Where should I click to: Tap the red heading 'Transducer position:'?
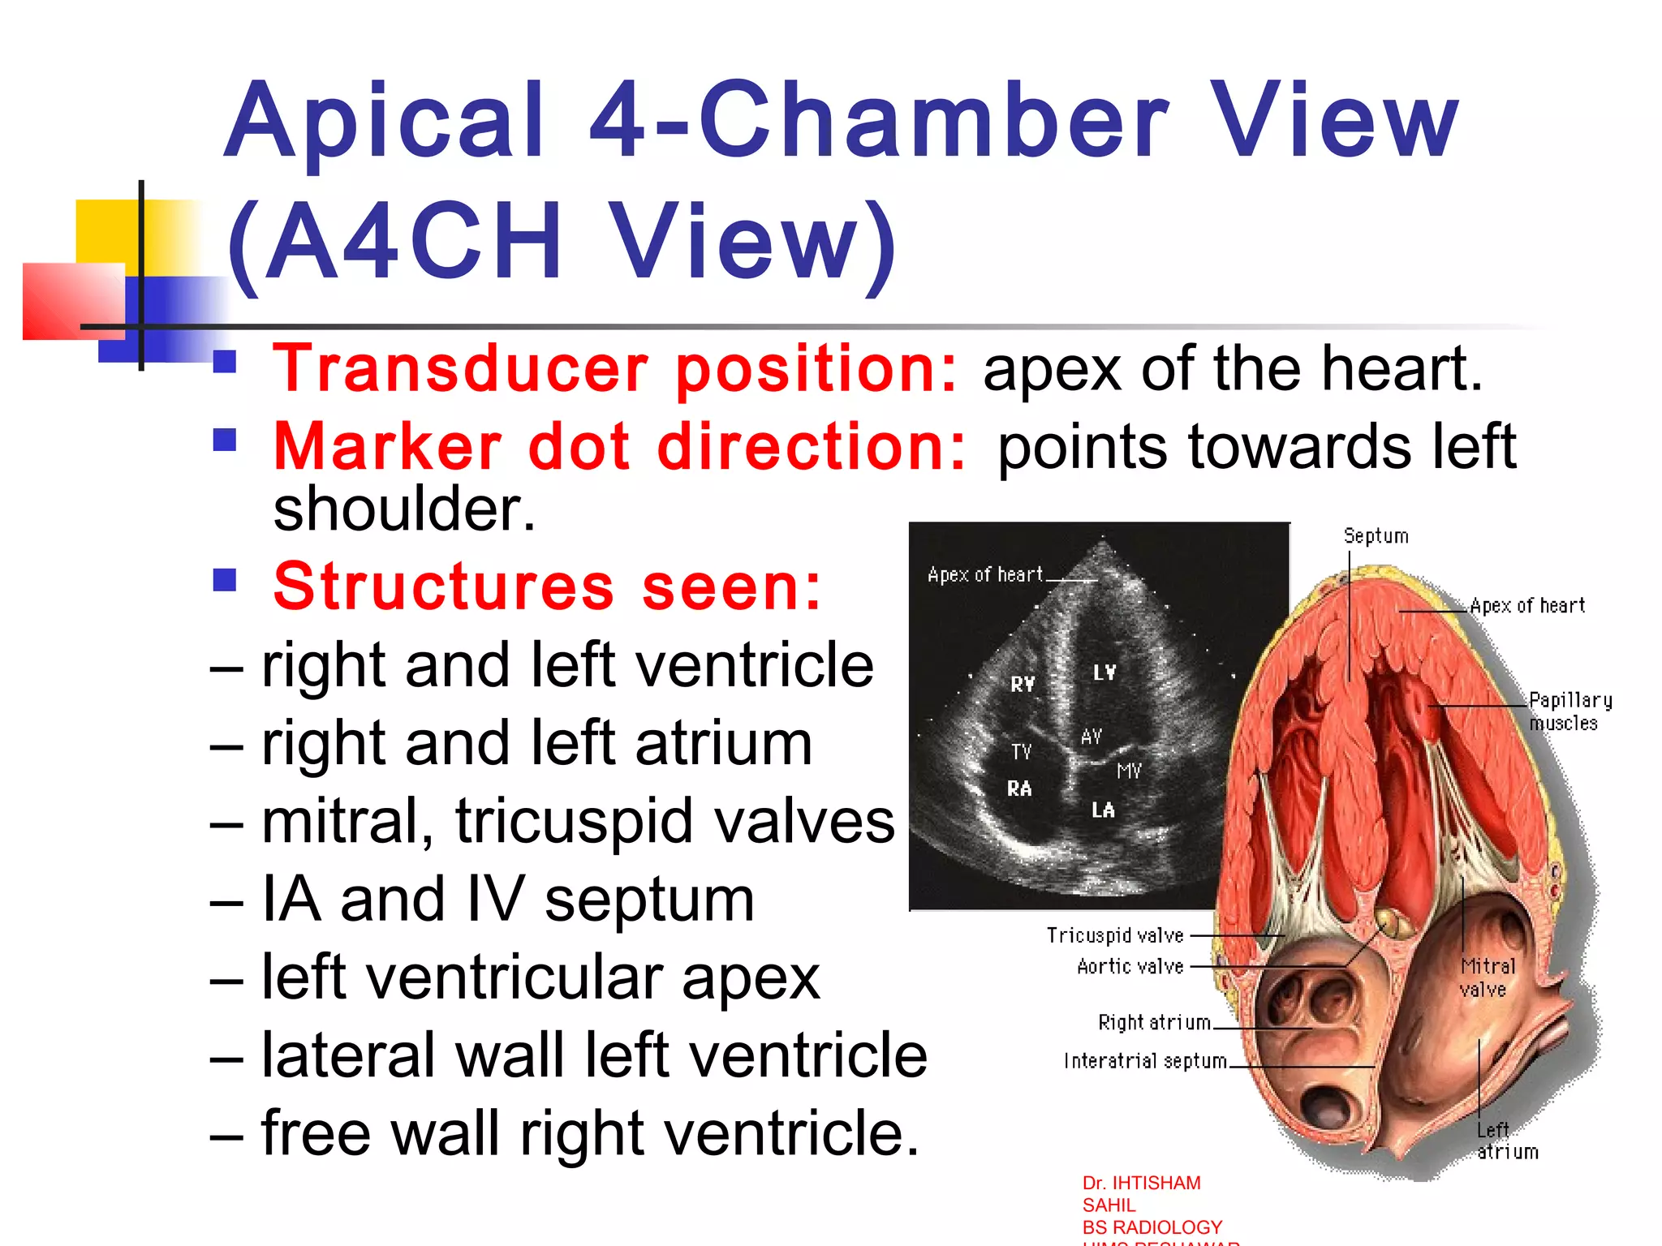click(x=615, y=369)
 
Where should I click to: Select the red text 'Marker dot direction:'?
click(x=620, y=447)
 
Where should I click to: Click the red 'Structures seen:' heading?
click(x=548, y=586)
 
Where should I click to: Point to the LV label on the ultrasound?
click(x=1104, y=672)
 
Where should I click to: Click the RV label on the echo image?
click(x=1023, y=684)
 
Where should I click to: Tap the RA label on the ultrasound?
click(x=1019, y=788)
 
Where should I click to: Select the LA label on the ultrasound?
click(x=1103, y=810)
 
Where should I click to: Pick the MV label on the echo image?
click(x=1129, y=771)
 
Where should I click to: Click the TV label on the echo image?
click(x=1021, y=752)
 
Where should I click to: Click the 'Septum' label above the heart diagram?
click(x=1376, y=536)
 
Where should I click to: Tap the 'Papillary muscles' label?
click(x=1569, y=711)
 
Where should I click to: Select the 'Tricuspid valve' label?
click(x=1115, y=935)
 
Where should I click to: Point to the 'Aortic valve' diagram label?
click(x=1130, y=966)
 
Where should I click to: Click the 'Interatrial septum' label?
click(x=1145, y=1061)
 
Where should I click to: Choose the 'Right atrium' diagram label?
click(x=1154, y=1022)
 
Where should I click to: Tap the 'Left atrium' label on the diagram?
click(x=1506, y=1141)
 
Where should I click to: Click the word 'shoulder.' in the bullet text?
click(x=404, y=509)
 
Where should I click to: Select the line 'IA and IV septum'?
click(x=507, y=900)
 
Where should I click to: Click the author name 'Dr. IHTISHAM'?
click(x=1141, y=1183)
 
